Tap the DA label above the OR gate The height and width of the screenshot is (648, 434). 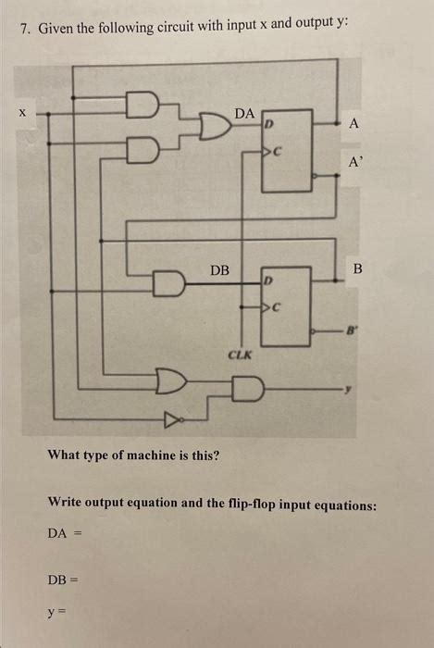point(244,112)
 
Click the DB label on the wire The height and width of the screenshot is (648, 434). point(219,270)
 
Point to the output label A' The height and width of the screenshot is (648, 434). point(355,160)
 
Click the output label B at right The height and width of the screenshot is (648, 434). point(358,269)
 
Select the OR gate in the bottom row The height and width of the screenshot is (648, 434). point(171,380)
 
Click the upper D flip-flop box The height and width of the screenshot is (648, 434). point(288,152)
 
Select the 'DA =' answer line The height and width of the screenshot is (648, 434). point(64,533)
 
